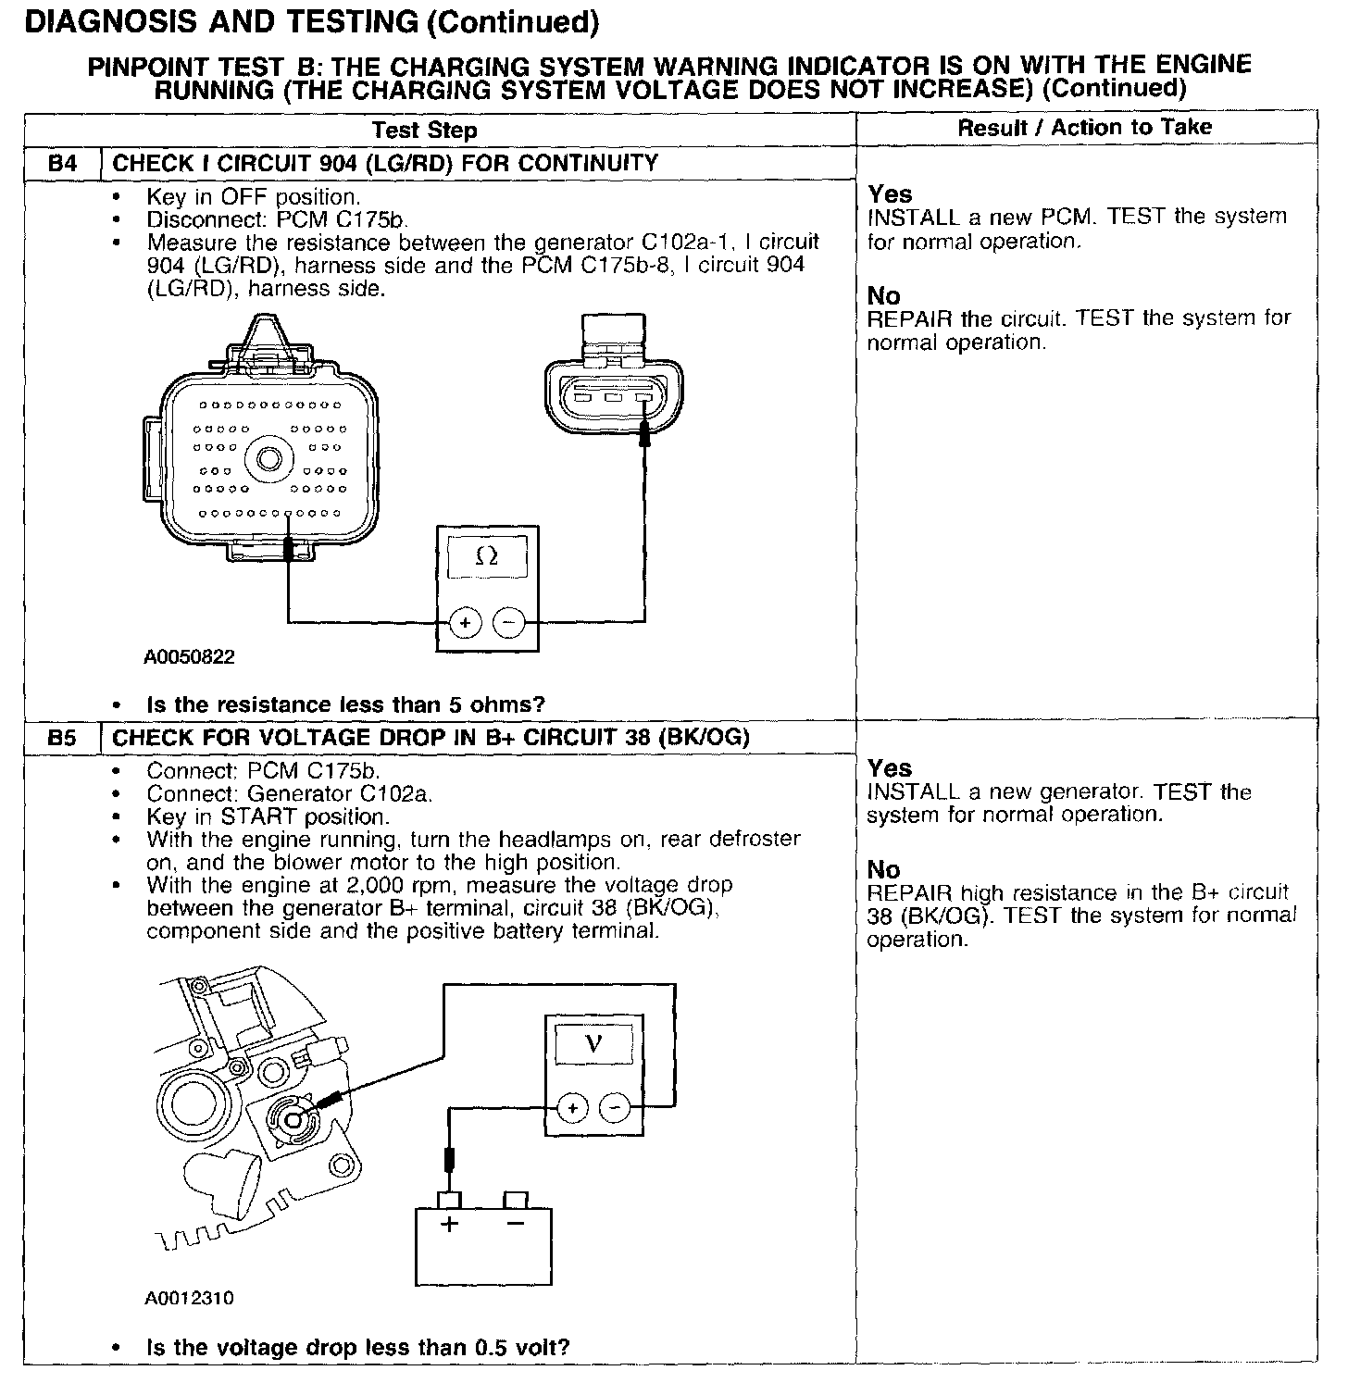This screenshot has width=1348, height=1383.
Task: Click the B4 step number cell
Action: [62, 164]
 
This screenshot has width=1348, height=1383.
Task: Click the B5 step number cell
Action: [62, 738]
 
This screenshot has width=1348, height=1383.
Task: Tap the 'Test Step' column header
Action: [425, 131]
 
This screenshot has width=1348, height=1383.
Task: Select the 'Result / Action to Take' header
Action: [1084, 128]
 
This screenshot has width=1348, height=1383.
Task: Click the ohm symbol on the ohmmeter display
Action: [486, 556]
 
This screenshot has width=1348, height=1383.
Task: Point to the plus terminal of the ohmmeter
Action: [465, 623]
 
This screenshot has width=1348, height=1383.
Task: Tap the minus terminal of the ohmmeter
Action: [508, 623]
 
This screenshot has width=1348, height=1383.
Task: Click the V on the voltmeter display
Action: [594, 1043]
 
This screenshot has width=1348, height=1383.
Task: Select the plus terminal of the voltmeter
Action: [572, 1108]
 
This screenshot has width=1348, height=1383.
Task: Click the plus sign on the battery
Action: [450, 1225]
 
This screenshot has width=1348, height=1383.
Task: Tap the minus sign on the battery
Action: [516, 1225]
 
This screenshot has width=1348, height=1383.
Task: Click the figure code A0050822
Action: [190, 657]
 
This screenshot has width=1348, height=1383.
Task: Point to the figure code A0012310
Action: [190, 1298]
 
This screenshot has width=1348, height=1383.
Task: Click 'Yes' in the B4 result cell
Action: [890, 194]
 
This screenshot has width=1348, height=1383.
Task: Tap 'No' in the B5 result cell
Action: [883, 870]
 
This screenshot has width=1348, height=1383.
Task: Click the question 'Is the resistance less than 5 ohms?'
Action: [345, 704]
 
